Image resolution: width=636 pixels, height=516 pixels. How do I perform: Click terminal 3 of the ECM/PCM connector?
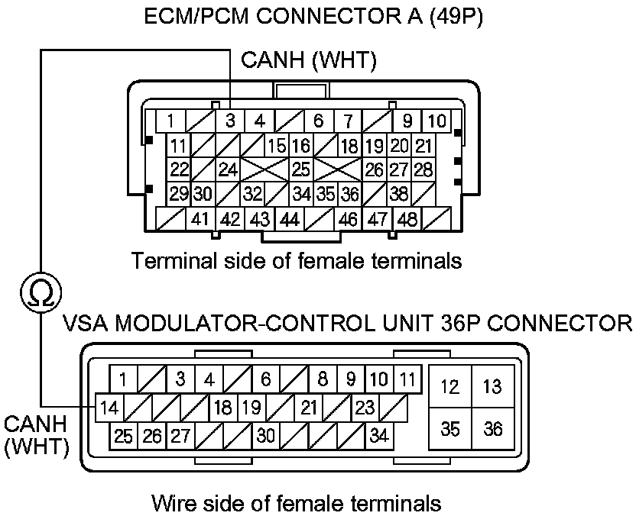[x=229, y=121]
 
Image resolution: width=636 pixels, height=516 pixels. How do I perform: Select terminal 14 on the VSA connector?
[x=109, y=408]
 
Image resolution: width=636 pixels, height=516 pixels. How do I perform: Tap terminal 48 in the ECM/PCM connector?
[x=407, y=219]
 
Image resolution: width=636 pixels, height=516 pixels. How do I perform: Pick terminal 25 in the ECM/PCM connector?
[x=301, y=169]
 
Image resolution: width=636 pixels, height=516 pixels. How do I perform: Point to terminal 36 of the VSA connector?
[x=493, y=429]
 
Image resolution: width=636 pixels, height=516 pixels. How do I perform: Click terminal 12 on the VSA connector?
[x=450, y=387]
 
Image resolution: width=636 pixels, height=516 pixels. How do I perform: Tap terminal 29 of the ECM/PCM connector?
[x=179, y=194]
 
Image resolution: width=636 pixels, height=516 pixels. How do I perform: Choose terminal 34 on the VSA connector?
[x=378, y=437]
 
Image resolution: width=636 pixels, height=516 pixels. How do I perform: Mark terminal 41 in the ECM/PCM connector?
[x=200, y=219]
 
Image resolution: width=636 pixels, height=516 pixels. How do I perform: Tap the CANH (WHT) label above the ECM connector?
[x=308, y=61]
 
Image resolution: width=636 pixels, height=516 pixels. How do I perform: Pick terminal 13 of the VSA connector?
[x=493, y=387]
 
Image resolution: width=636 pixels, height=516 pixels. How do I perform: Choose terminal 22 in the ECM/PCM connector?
[x=179, y=169]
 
